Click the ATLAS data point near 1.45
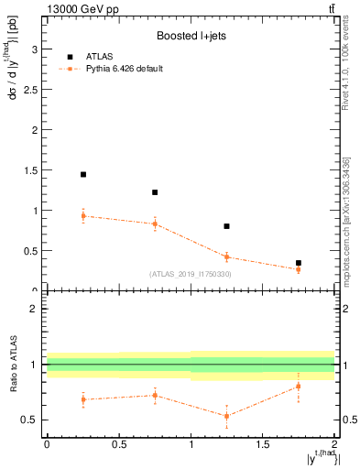[83, 174]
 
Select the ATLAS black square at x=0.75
[155, 192]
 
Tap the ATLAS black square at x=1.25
[226, 226]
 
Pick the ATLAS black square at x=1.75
[299, 263]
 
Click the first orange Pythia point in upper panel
[83, 216]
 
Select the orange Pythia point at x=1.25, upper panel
[226, 256]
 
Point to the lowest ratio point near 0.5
[226, 416]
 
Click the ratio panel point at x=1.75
[299, 386]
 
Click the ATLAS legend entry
[100, 56]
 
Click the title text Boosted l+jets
[191, 37]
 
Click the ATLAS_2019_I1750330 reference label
[191, 274]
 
